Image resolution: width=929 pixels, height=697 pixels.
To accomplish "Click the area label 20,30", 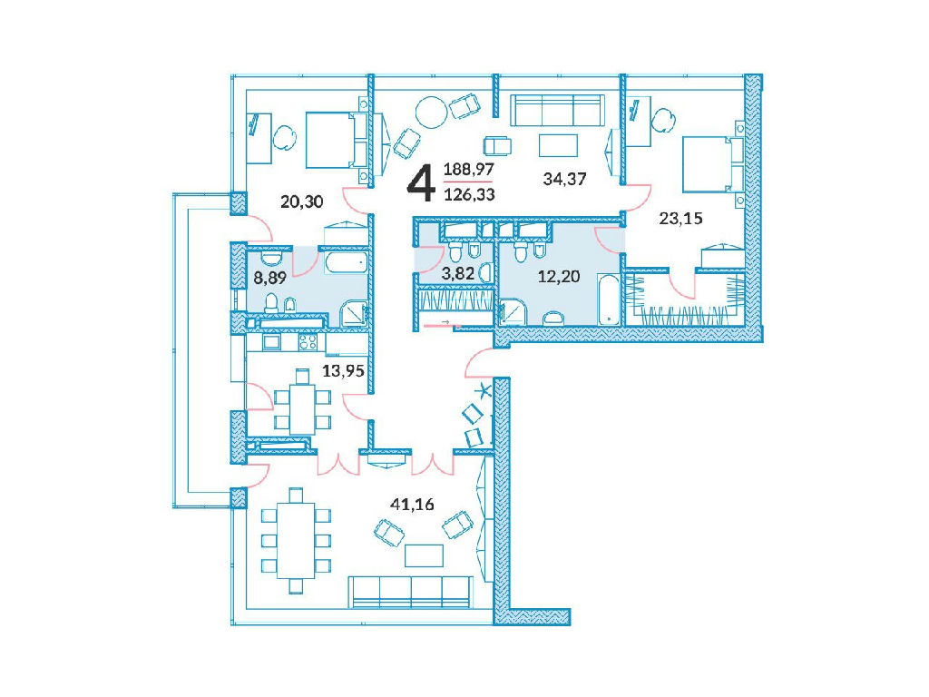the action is pos(301,201).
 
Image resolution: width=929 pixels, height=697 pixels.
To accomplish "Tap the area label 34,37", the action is pos(564,179).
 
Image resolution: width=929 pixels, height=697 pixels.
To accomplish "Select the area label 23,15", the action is pos(680,218).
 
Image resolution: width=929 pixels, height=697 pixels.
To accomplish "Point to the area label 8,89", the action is pos(270,278).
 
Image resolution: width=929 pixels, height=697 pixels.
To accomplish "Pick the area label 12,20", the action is pos(559,276).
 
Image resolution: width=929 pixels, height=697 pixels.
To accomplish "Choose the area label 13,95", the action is pos(343,371).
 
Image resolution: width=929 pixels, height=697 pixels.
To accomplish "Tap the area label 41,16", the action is pos(412,505).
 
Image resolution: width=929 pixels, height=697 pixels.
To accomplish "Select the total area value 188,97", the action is pos(469,170).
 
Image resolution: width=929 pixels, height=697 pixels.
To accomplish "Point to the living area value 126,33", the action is pos(469,194).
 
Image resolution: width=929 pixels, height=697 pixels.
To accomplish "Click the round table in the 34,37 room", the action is pos(431,113).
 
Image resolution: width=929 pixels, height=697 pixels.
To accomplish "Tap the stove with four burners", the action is pos(308,341).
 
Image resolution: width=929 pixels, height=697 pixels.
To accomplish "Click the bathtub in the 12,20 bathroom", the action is pos(608,299).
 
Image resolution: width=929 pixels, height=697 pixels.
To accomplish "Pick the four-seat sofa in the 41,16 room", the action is pos(412,592).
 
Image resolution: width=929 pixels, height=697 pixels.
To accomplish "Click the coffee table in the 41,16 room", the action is pos(424,556).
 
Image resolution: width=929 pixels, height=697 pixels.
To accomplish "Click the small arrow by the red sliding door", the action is pos(446,322).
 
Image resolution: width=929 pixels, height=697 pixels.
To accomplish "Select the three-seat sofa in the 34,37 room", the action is pos(558,110).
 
